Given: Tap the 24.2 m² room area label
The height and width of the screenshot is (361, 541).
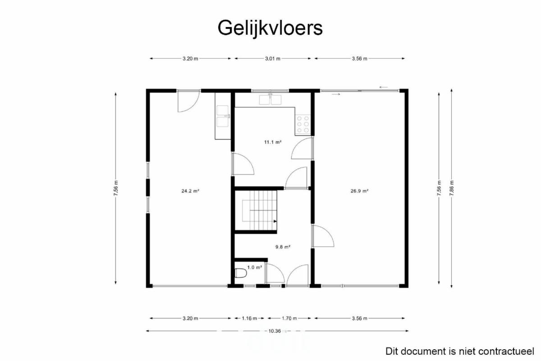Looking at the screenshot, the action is (190, 191).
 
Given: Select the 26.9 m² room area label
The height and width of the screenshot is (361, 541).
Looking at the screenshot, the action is (359, 191).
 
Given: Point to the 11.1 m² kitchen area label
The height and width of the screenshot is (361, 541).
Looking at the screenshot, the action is (273, 142).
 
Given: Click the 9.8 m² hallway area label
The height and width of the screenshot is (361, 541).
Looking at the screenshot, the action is (283, 247).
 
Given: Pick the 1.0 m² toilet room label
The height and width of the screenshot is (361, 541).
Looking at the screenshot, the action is (255, 268).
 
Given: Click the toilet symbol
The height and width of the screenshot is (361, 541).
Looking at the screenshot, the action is (241, 274).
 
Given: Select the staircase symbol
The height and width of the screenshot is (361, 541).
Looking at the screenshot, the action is (259, 210).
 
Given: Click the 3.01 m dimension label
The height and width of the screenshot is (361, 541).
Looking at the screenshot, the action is (273, 59).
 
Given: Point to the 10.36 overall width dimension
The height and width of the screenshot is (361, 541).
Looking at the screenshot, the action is (275, 331).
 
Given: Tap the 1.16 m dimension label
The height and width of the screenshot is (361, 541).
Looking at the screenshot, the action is (249, 319).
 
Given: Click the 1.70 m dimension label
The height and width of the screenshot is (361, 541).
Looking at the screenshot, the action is (289, 319).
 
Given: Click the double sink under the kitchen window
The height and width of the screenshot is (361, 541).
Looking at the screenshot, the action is (270, 100).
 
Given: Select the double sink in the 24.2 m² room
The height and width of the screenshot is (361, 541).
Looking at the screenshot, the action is (223, 116).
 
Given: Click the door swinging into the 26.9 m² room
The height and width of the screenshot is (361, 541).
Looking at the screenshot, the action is (323, 236).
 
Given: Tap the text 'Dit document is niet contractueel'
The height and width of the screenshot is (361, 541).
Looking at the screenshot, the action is (460, 352).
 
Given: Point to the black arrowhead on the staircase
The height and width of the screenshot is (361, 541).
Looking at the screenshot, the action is (275, 221).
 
